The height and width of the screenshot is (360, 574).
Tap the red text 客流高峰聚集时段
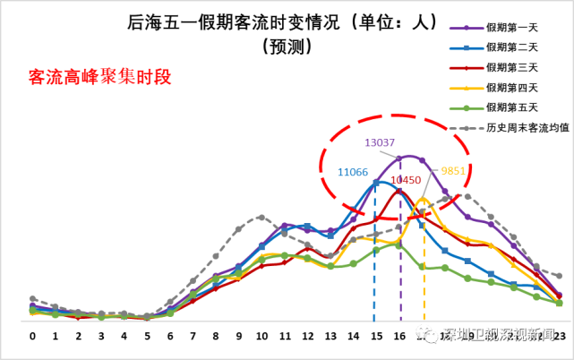click(99, 78)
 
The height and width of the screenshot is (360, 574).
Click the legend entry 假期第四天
click(511, 87)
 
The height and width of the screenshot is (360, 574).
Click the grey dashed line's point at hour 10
click(261, 217)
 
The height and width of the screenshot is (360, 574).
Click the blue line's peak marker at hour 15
click(376, 183)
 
